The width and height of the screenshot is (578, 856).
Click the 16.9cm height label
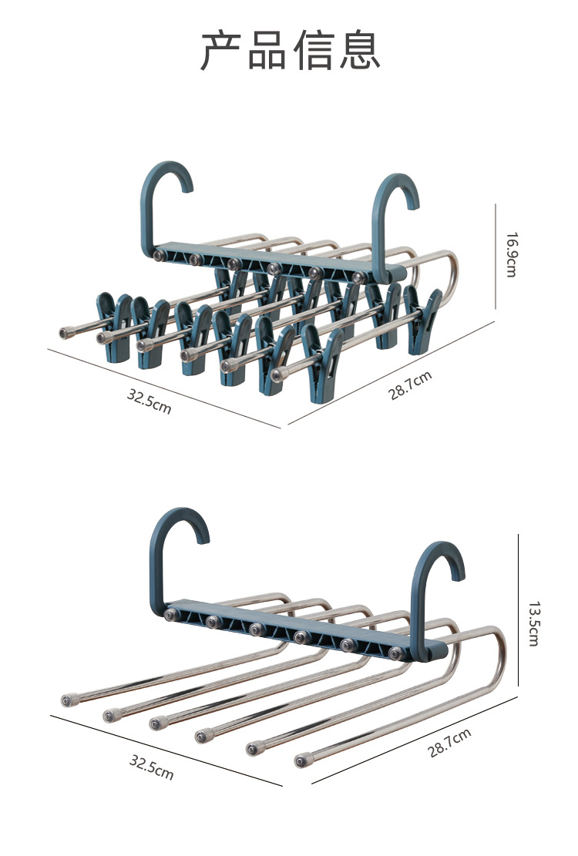511,255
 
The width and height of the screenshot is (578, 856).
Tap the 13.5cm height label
533,624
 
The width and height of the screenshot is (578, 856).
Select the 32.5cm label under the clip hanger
149,401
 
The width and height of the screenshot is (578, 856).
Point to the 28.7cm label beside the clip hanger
410,385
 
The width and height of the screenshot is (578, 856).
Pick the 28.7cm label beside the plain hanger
449,743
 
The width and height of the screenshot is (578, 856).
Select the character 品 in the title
267,51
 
